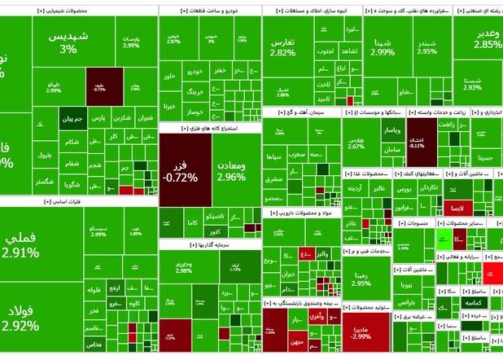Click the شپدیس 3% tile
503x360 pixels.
(68, 43)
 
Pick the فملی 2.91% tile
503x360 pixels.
(20, 245)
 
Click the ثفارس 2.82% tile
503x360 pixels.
(282, 47)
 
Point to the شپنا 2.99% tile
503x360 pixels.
(382, 46)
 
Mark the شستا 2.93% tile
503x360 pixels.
(473, 83)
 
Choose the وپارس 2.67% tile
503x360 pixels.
(356, 143)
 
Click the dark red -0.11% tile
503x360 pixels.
(417, 142)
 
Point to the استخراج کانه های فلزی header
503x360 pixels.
(209, 128)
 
